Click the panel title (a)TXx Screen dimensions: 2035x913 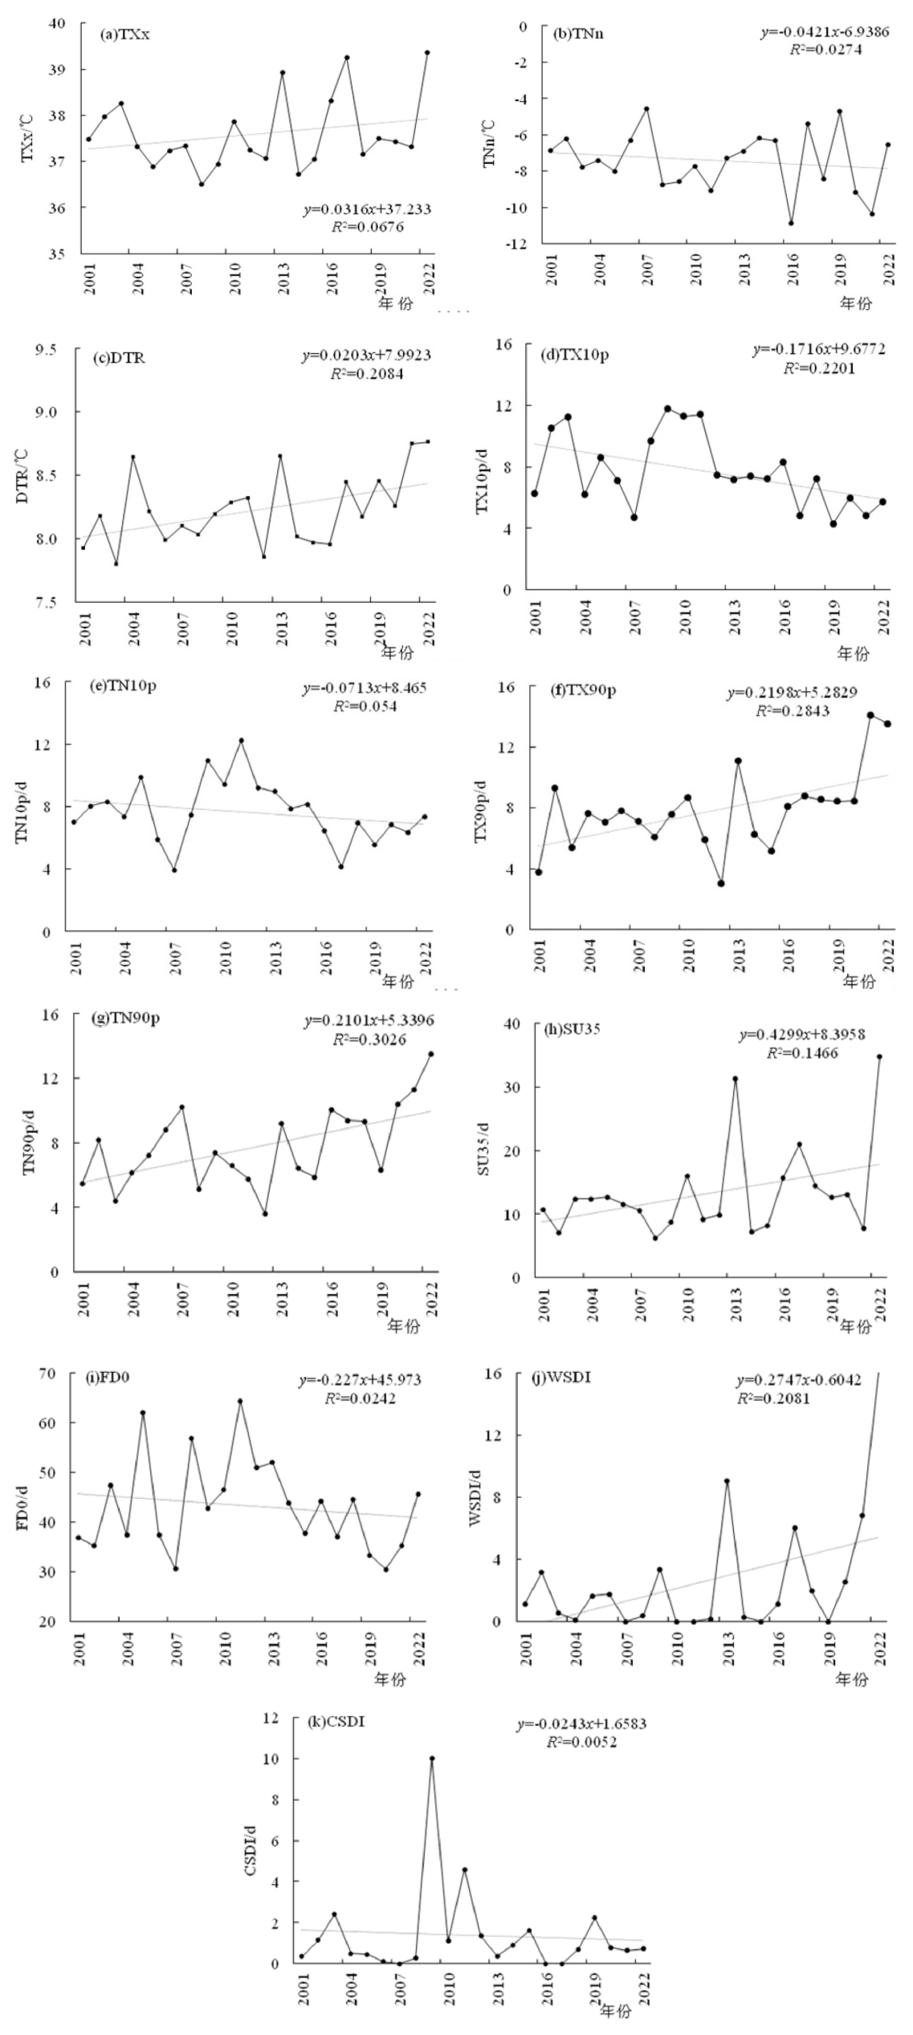click(124, 35)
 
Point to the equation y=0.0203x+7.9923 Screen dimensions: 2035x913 click(366, 355)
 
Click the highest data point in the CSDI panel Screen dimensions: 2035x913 click(432, 1759)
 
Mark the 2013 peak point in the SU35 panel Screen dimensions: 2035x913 click(735, 1079)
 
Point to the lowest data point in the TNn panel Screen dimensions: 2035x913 click(791, 223)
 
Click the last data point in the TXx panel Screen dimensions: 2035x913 click(427, 53)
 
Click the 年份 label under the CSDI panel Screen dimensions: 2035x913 click(615, 2012)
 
